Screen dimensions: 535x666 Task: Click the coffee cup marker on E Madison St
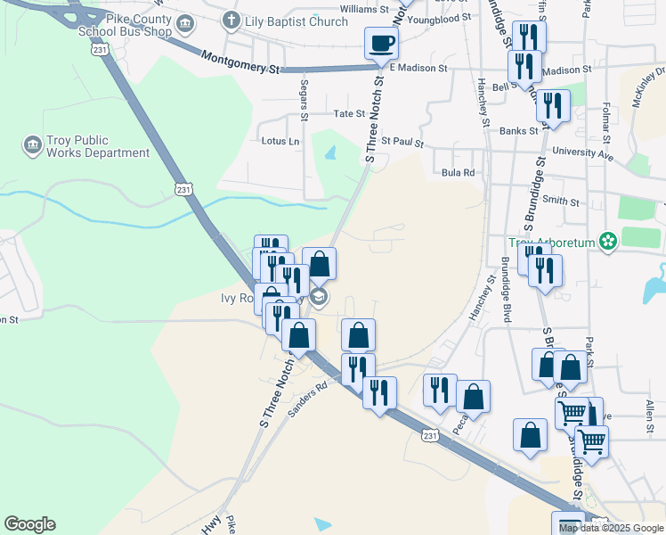[x=381, y=43]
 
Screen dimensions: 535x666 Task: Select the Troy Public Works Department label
[x=86, y=146]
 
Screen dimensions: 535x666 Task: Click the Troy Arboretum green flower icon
[x=608, y=242]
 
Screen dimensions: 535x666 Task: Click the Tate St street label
[x=348, y=114]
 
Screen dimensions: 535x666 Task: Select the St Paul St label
[x=402, y=142]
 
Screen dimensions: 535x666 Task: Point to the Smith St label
[x=561, y=202]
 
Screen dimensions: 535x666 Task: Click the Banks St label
[x=519, y=131]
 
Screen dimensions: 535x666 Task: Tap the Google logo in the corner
[x=29, y=524]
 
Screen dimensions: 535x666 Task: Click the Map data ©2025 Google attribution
[x=611, y=528]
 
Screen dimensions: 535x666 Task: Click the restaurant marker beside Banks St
[x=554, y=106]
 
